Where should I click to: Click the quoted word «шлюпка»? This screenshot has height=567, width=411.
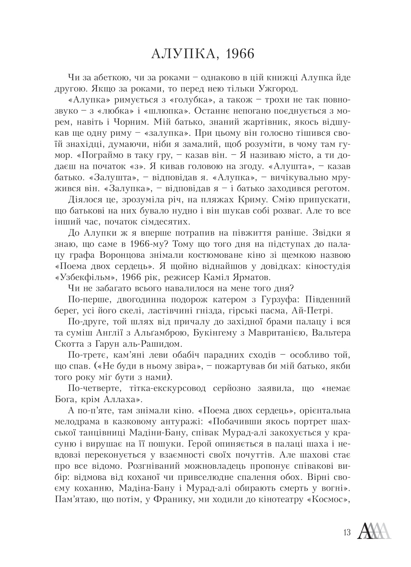click(184, 111)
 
